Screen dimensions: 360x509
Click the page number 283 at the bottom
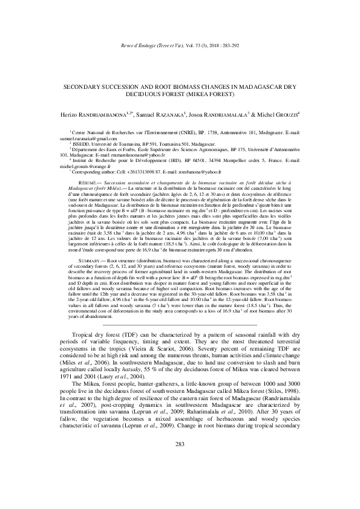[179, 479]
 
